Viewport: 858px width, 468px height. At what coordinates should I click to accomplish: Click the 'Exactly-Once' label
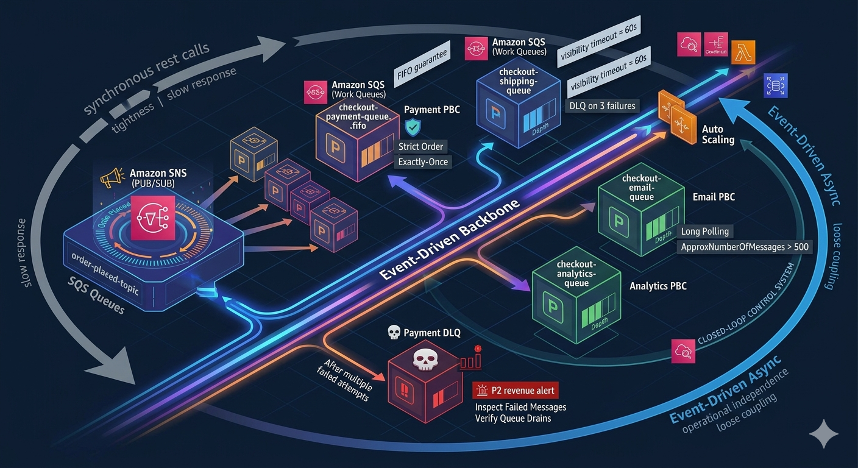(x=422, y=162)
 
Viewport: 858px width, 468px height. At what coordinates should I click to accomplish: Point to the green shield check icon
(x=413, y=127)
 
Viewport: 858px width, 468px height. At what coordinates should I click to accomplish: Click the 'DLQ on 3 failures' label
(x=602, y=106)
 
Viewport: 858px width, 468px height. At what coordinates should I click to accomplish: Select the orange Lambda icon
(x=743, y=52)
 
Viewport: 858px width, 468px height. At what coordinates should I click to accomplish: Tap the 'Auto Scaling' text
(x=718, y=135)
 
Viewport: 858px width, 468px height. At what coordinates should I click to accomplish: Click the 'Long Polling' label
(x=705, y=232)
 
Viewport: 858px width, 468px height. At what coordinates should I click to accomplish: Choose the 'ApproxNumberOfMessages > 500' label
(x=743, y=247)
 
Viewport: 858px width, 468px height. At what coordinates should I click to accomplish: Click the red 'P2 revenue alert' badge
(x=515, y=391)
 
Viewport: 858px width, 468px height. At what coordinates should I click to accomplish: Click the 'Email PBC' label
(x=714, y=197)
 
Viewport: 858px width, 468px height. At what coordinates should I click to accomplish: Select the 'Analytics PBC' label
(x=658, y=286)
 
